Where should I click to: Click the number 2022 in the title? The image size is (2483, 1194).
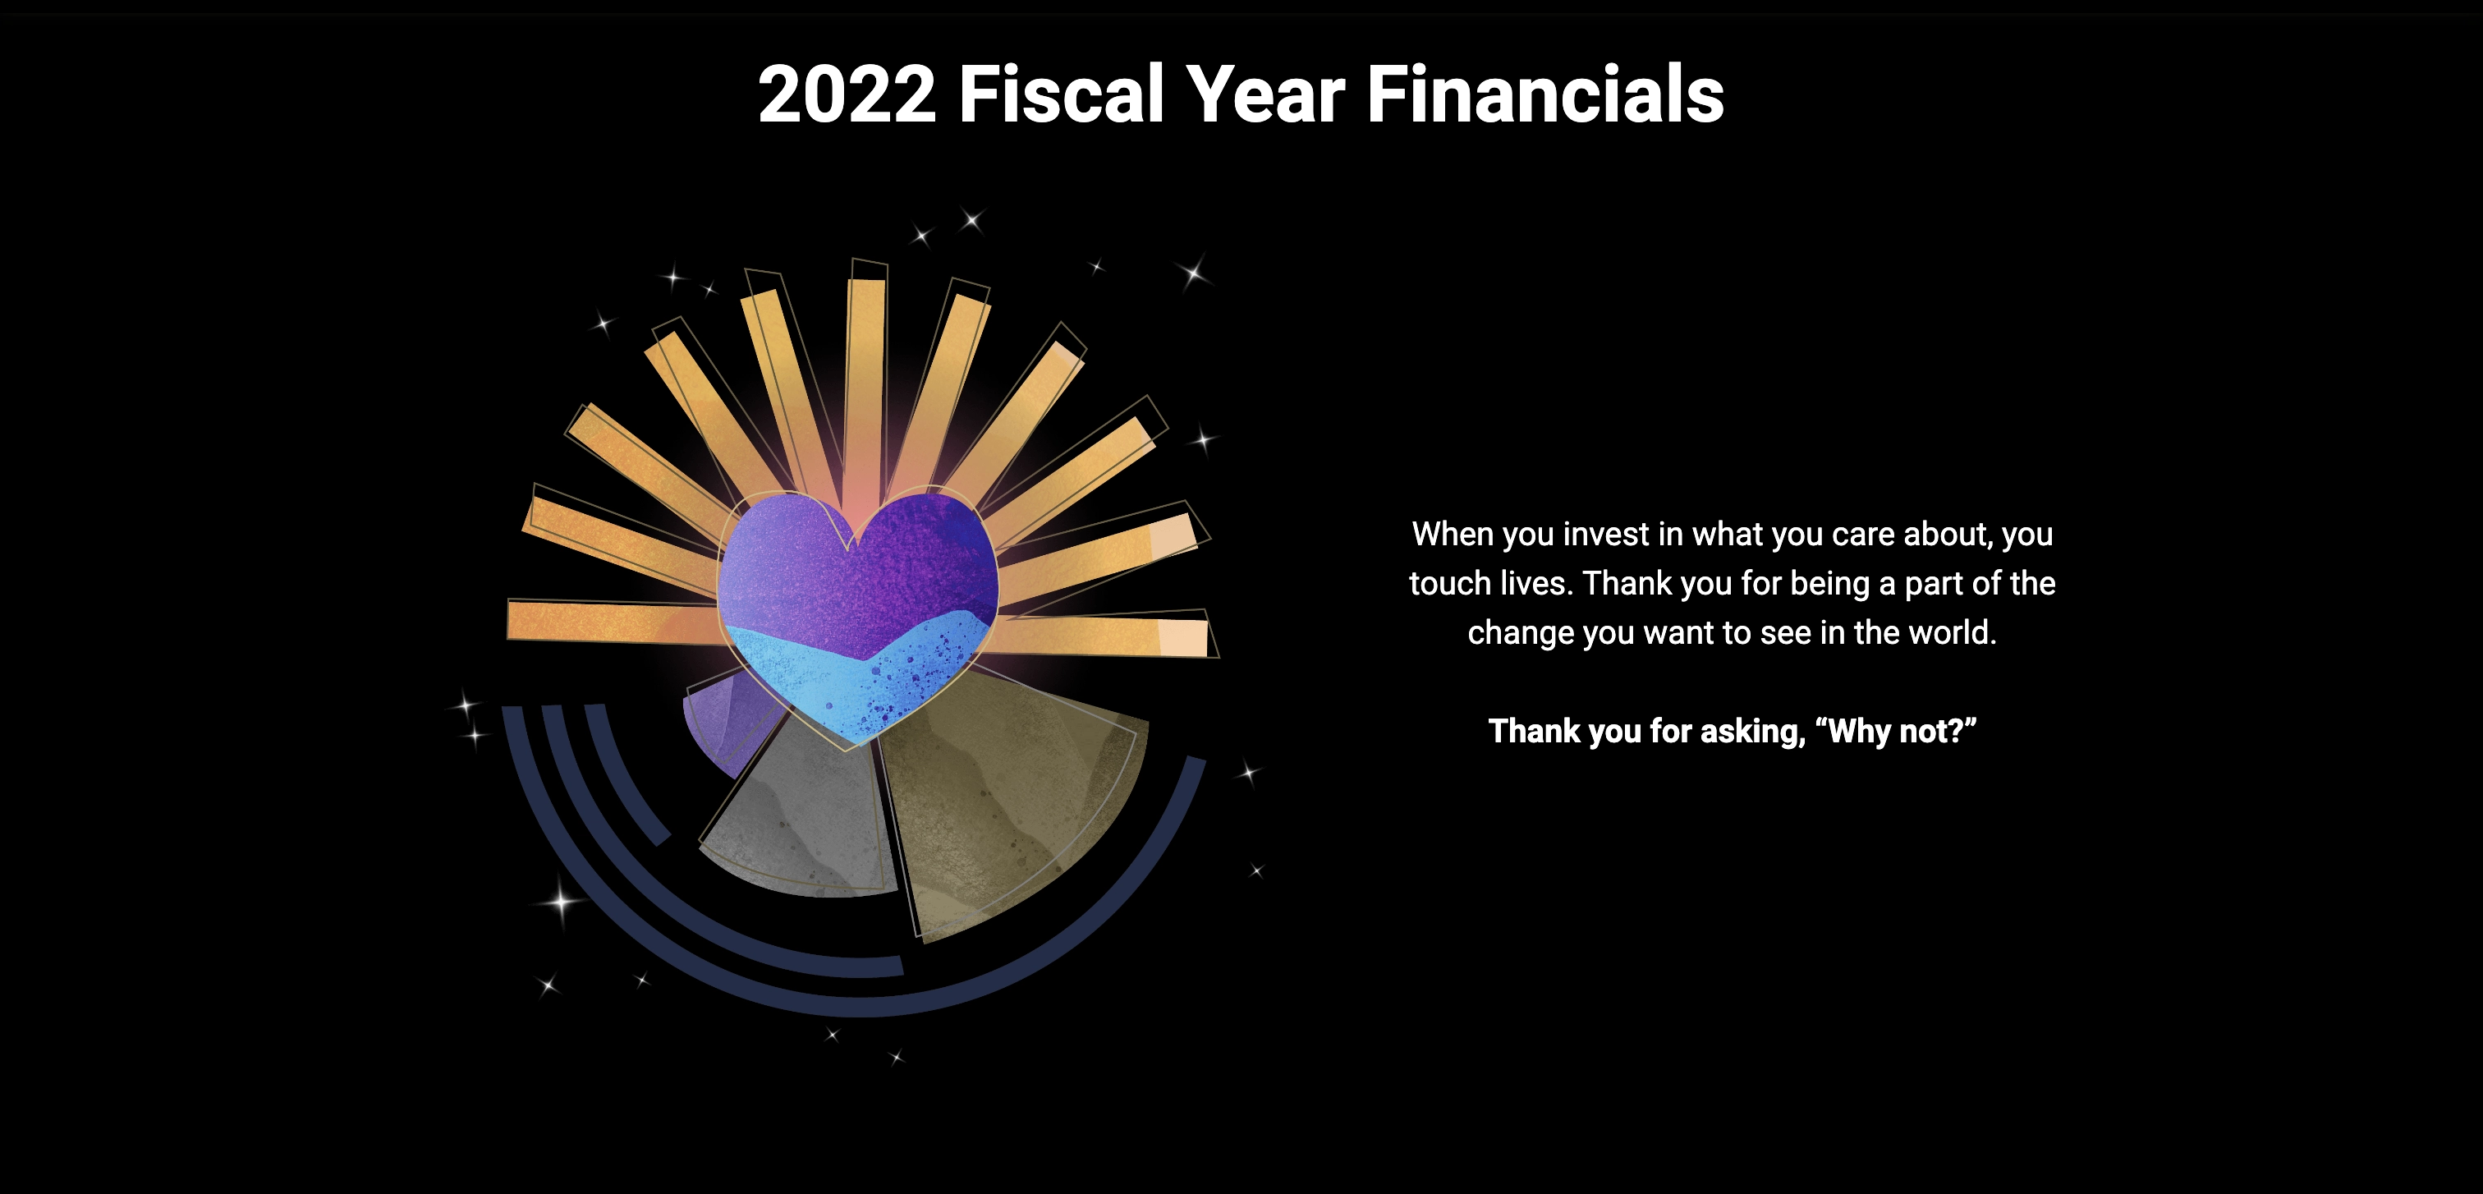click(x=847, y=94)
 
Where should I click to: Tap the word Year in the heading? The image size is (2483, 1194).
click(x=1264, y=94)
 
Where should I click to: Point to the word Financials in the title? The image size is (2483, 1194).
click(x=1545, y=94)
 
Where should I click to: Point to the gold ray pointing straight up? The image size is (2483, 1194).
click(x=865, y=376)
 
